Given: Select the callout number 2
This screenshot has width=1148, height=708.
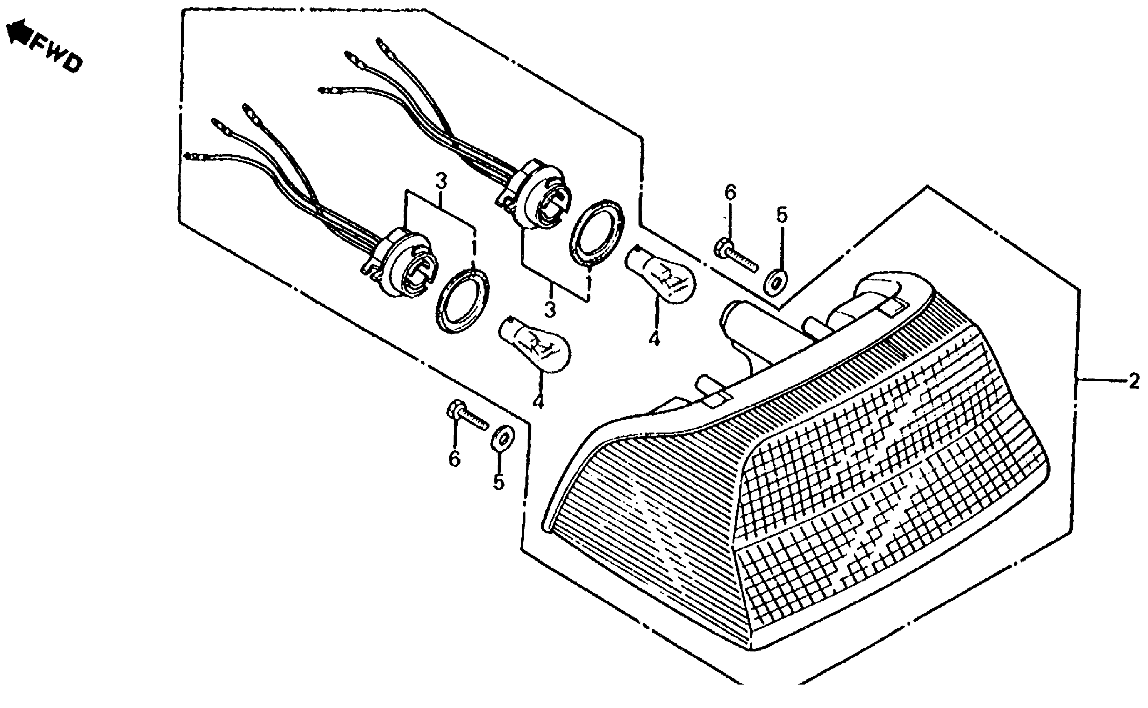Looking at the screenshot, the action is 1134,381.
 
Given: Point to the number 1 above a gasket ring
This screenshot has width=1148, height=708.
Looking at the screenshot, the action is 474,248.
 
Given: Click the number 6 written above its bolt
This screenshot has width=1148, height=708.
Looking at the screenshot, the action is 730,192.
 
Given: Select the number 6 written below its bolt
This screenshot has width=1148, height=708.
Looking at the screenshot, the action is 454,459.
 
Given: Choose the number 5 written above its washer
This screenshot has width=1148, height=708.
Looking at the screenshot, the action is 782,215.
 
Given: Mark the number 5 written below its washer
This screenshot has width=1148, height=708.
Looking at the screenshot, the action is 498,481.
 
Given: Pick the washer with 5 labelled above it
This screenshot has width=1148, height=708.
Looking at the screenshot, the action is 776,282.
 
